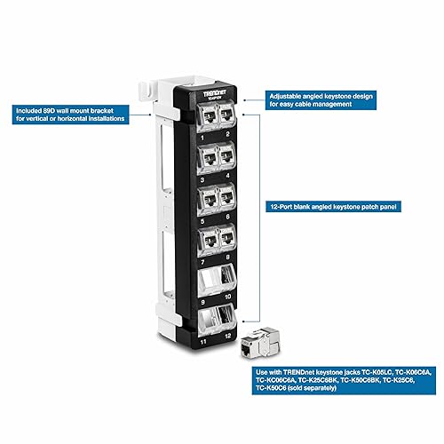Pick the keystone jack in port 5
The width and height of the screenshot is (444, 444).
pyautogui.click(x=206, y=197)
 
